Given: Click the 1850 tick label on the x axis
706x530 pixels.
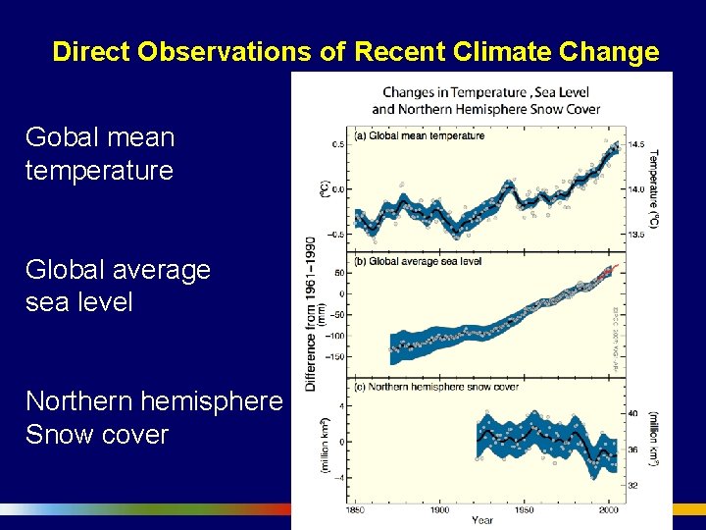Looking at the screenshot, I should click(x=358, y=509).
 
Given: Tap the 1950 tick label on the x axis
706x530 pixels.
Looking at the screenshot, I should click(x=526, y=509).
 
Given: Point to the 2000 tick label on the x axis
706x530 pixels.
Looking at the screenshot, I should click(x=609, y=509).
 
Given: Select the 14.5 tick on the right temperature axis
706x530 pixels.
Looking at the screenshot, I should click(x=636, y=145).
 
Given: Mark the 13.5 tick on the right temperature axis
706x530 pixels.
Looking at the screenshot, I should click(x=636, y=235).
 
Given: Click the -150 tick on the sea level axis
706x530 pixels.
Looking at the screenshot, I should click(x=336, y=356).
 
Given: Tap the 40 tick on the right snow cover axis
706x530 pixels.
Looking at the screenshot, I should click(x=633, y=413).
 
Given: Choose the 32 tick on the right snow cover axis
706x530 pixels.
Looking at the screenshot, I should click(x=633, y=486).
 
